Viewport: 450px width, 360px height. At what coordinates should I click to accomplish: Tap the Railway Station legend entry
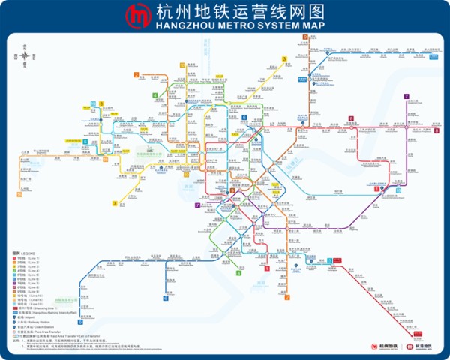click(x=30, y=322)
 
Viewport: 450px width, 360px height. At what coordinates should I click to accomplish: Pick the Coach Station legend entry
click(x=30, y=326)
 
